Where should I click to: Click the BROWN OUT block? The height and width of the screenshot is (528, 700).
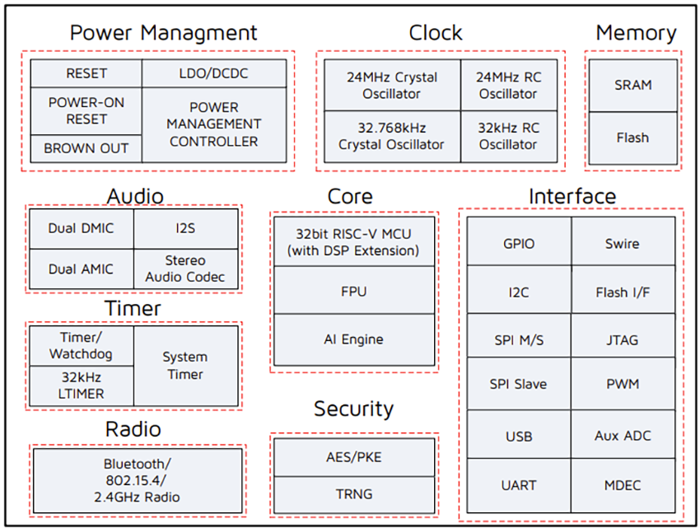(86, 148)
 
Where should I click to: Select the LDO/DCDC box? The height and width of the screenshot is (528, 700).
(213, 73)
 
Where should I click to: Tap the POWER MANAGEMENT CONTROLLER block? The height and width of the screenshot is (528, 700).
(213, 124)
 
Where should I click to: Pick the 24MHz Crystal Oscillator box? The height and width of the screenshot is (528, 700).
(391, 86)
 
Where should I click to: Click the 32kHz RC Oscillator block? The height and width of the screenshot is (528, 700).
(508, 136)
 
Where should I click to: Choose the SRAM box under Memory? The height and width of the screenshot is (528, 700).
(632, 85)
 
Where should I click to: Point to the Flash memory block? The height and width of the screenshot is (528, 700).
(632, 138)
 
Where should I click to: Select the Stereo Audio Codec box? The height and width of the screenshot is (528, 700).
(185, 269)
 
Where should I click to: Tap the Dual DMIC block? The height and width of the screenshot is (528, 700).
(81, 228)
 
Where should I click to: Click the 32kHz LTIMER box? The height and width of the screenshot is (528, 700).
(81, 385)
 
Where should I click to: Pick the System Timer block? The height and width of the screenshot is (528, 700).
(185, 365)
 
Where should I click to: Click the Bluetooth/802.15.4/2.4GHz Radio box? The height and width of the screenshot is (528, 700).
(138, 480)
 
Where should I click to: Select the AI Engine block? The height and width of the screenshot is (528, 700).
(353, 339)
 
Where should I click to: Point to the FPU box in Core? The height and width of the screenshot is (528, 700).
(353, 291)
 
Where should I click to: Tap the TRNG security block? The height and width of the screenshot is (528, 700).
(353, 494)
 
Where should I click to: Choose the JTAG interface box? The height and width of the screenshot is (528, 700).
(623, 339)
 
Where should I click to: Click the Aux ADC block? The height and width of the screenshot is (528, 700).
(623, 436)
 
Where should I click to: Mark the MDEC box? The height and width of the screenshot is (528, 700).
(623, 486)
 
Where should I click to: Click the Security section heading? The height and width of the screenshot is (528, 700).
(353, 409)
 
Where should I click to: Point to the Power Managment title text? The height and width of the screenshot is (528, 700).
(163, 33)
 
